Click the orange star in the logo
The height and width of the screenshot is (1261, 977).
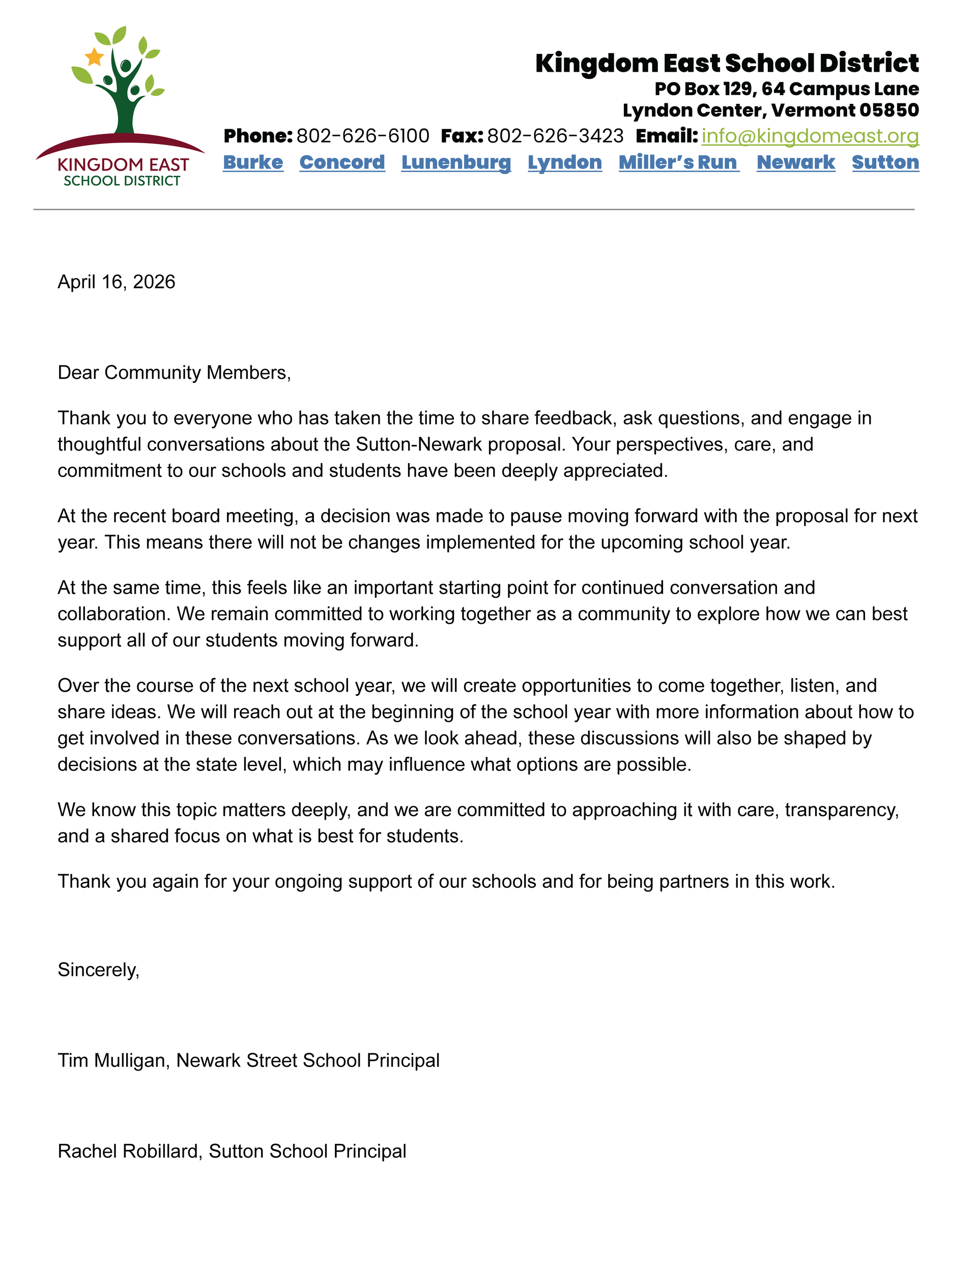(x=94, y=57)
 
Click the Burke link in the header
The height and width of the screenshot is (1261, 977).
(x=253, y=162)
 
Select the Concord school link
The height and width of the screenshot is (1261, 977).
(x=342, y=162)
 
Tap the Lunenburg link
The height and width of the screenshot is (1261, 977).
(x=456, y=162)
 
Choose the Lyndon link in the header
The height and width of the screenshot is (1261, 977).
(x=564, y=162)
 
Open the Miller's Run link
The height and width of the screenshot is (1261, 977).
(x=678, y=162)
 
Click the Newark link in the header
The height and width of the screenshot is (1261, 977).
(x=796, y=162)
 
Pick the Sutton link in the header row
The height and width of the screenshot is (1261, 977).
(x=885, y=162)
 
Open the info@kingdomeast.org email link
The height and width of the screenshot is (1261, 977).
(x=810, y=136)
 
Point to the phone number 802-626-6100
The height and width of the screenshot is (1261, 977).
(x=362, y=136)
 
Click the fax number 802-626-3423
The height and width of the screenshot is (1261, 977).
(x=555, y=136)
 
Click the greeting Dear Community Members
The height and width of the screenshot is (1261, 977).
(x=174, y=373)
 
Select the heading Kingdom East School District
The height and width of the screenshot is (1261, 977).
(x=727, y=63)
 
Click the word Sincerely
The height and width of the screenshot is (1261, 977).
(x=98, y=969)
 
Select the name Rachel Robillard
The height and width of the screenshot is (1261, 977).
(x=129, y=1152)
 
